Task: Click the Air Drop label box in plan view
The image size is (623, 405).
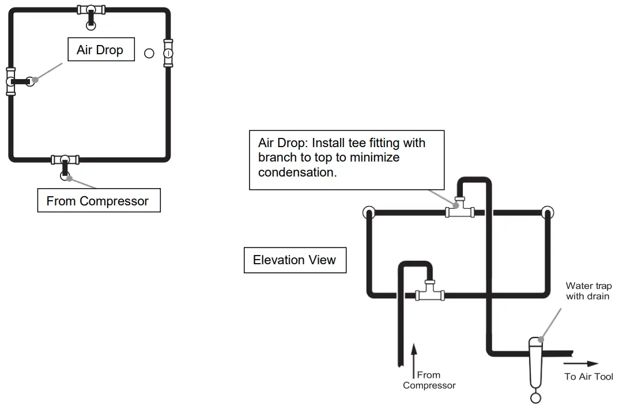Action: pyautogui.click(x=101, y=50)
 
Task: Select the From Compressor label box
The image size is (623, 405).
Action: pyautogui.click(x=99, y=200)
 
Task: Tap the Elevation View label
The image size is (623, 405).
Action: pyautogui.click(x=295, y=260)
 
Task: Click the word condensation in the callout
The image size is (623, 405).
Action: pyautogui.click(x=297, y=172)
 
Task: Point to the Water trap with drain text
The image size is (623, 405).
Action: pyautogui.click(x=588, y=291)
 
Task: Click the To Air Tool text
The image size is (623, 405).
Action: pyautogui.click(x=588, y=376)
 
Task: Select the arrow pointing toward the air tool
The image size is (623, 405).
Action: pyautogui.click(x=581, y=363)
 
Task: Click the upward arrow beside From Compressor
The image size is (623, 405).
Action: pyautogui.click(x=414, y=361)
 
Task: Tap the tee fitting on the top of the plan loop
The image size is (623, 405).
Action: pyautogui.click(x=91, y=10)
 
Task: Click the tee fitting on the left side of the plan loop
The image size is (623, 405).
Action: pyautogui.click(x=11, y=81)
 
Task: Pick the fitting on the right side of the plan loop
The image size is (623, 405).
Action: pyautogui.click(x=168, y=53)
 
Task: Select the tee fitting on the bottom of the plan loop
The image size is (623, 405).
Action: pyautogui.click(x=65, y=160)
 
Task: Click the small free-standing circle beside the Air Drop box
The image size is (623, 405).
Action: pyautogui.click(x=149, y=53)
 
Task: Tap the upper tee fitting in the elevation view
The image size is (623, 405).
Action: pyautogui.click(x=460, y=208)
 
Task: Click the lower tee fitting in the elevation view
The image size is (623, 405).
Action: pyautogui.click(x=430, y=291)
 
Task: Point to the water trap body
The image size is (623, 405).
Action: pyautogui.click(x=535, y=362)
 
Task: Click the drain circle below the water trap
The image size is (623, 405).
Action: pyautogui.click(x=535, y=397)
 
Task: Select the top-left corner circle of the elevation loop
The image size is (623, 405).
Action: pyautogui.click(x=369, y=212)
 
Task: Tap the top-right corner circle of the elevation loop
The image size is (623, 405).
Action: pyautogui.click(x=548, y=212)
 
